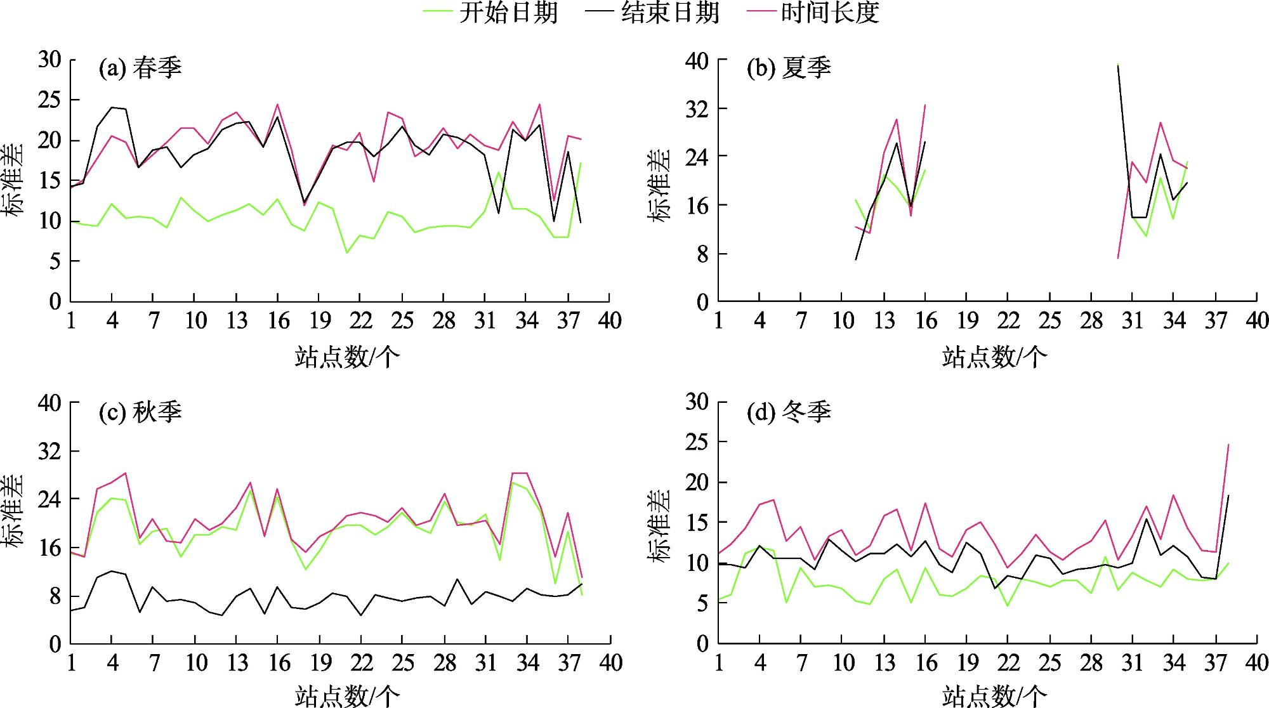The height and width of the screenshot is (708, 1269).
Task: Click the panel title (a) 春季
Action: (140, 68)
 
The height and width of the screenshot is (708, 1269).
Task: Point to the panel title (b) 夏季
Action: (789, 68)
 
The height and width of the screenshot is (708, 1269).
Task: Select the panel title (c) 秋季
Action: (140, 412)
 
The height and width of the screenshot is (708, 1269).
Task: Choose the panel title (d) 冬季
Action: (789, 412)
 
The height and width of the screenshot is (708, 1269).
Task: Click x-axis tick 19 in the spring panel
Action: (319, 321)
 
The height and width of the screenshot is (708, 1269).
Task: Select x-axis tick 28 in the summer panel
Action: (1091, 321)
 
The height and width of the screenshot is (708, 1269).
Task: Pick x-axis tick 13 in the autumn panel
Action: (237, 664)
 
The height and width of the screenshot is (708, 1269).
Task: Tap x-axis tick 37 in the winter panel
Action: (1216, 664)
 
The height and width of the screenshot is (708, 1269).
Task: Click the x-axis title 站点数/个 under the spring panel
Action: (347, 357)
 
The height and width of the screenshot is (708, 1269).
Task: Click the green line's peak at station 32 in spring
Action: (499, 172)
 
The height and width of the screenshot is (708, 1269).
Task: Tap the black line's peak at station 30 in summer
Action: (1118, 65)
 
